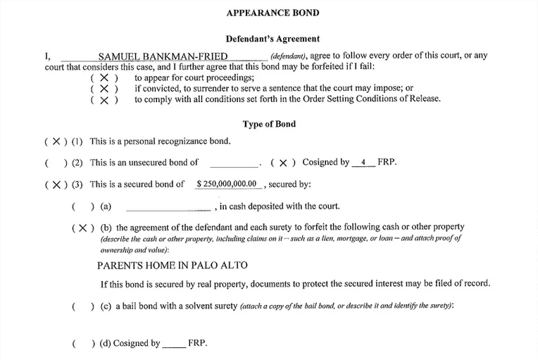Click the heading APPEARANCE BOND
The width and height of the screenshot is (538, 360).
coord(272,13)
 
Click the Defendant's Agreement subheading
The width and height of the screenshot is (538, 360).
coord(272,39)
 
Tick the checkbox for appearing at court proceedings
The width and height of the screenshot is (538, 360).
coord(104,78)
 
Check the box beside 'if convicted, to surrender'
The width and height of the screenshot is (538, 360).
coord(104,89)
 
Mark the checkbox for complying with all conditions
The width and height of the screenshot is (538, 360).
coord(104,100)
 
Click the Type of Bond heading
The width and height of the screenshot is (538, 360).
coord(269,124)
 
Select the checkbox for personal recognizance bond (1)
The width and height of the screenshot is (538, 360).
coord(56,142)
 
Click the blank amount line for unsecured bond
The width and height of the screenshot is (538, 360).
coord(234,163)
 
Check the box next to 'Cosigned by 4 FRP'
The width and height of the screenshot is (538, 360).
coord(283,163)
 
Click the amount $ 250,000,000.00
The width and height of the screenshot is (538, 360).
coord(227,185)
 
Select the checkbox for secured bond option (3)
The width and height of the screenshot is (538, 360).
coord(56,185)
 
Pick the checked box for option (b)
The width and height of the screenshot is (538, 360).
coord(82,228)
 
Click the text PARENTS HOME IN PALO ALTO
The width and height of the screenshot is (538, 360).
coord(173,266)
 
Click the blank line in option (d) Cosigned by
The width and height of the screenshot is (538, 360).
coord(174,344)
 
